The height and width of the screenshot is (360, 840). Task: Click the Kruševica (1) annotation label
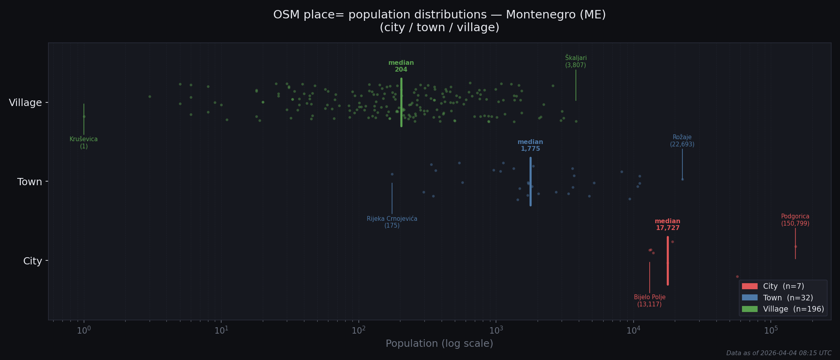click(84, 143)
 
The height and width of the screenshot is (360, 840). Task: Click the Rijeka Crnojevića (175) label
click(392, 222)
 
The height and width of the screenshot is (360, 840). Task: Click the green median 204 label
click(401, 66)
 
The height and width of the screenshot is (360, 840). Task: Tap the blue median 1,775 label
click(530, 146)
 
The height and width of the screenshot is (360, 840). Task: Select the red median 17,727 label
click(668, 225)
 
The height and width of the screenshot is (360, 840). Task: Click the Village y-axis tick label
click(25, 103)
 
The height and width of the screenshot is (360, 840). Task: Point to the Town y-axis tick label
click(30, 182)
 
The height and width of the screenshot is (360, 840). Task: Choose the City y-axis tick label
click(32, 261)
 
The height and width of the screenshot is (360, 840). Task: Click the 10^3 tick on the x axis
click(496, 331)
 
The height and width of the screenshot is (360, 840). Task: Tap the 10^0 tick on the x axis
click(84, 331)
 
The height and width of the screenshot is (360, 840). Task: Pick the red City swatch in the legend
click(750, 286)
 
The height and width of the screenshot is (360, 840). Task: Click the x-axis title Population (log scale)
click(439, 344)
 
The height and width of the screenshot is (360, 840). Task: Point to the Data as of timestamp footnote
click(778, 353)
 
